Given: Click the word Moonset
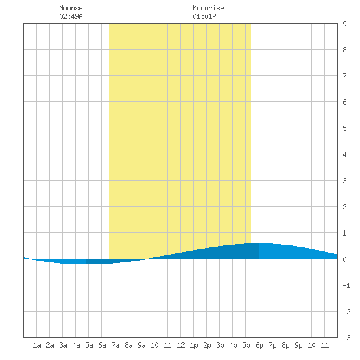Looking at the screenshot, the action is coord(73,8).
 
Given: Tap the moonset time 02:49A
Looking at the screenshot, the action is coord(71,16).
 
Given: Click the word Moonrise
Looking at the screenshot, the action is coord(208,8).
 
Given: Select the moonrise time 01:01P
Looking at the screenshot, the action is coord(204,16).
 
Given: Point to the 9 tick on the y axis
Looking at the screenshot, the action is coord(344,24).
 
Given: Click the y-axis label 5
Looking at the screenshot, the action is coord(344,128).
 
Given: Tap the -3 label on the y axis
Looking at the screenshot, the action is coord(346,338).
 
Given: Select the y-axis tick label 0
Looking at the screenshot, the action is coord(344,259).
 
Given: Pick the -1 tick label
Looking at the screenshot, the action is coord(346,285).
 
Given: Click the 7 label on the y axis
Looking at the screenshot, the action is coord(344,76).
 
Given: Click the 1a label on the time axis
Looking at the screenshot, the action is coord(37,345).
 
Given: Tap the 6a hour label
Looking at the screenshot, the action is coord(102,345).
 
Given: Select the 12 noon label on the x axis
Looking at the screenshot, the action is coord(181,345).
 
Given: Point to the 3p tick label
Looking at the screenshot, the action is coord(220,345).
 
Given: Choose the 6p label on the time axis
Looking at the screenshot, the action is coord(259,345).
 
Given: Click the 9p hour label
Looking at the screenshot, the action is coord(298,345).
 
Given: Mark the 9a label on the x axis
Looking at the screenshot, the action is coord(141,345).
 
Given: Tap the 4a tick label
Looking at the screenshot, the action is coord(76,345).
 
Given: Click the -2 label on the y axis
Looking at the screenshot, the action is coord(346,312).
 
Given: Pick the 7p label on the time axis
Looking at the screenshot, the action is coord(272,345).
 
